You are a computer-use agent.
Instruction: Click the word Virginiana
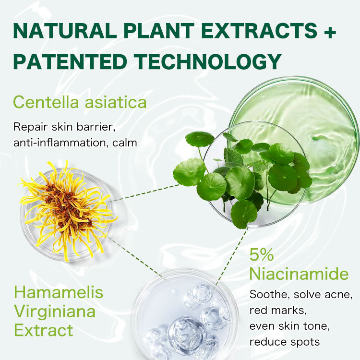click(x=54, y=311)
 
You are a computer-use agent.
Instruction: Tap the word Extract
click(x=43, y=330)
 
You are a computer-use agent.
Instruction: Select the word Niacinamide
click(x=299, y=274)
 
